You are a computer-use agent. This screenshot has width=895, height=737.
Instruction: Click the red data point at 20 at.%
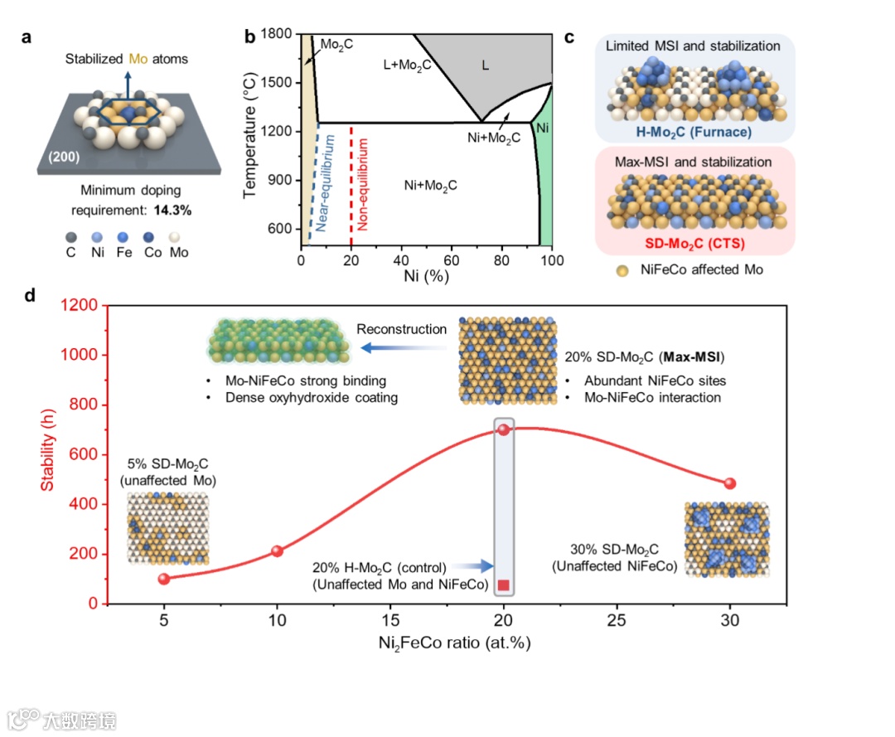[x=503, y=429]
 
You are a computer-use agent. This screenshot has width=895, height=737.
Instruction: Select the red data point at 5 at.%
[x=164, y=579]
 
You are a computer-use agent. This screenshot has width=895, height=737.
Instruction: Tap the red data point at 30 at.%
[x=729, y=483]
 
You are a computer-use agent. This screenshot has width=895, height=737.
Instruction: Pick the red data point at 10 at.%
[x=278, y=551]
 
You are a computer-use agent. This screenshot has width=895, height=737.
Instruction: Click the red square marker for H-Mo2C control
[x=503, y=585]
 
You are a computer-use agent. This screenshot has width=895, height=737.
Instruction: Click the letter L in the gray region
[x=486, y=64]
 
